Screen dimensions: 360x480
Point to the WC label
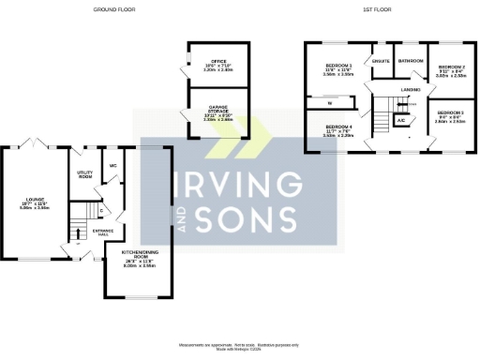click(x=112, y=166)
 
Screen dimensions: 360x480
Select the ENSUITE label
click(x=381, y=61)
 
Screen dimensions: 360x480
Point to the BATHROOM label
click(x=411, y=61)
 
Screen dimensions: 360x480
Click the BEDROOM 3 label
click(x=451, y=116)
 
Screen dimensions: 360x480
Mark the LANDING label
click(x=410, y=89)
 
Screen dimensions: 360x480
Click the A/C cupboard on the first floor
click(x=401, y=120)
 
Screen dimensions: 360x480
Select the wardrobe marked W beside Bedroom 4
click(x=330, y=103)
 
